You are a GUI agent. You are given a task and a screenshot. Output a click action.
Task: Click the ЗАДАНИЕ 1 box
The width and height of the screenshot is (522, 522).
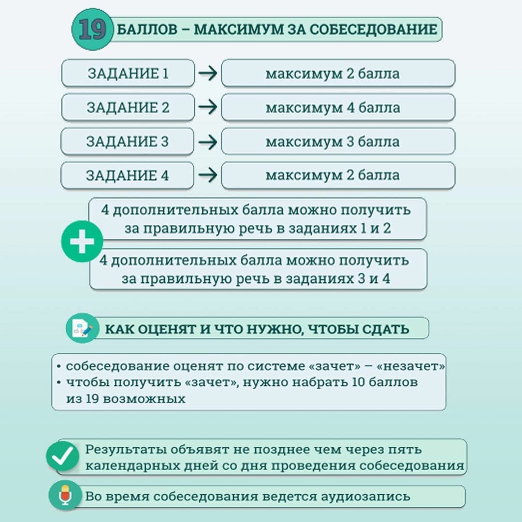tap(128, 73)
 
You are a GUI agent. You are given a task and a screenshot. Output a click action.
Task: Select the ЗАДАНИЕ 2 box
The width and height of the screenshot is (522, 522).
tap(128, 107)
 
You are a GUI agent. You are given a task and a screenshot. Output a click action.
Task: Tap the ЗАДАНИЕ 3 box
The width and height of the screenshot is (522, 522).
tap(128, 142)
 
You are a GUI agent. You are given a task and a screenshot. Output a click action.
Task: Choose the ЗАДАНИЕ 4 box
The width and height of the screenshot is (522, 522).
tap(127, 175)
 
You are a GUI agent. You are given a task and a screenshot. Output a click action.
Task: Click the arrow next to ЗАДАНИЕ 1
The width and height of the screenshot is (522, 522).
tap(208, 73)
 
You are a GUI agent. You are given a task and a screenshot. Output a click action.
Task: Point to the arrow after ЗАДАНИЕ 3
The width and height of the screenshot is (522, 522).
tap(208, 142)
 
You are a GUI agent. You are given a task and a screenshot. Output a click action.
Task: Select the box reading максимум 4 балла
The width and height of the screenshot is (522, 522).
tap(338, 107)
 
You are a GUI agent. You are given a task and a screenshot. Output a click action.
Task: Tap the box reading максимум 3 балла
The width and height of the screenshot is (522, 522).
tap(338, 142)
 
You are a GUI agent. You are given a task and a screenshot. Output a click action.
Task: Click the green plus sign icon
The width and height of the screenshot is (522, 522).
tap(82, 241)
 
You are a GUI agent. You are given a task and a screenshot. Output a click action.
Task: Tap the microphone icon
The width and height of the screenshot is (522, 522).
tap(65, 496)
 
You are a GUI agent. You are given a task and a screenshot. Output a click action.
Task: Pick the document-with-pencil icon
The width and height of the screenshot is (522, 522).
tap(82, 329)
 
